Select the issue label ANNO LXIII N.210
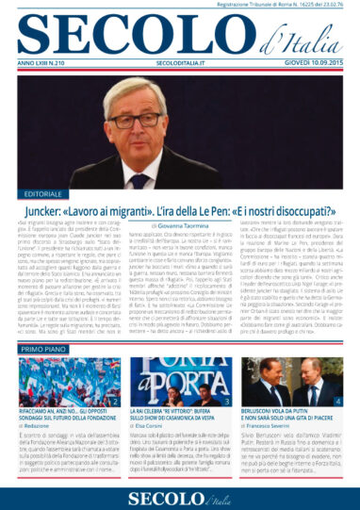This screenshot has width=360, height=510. [x=47, y=64]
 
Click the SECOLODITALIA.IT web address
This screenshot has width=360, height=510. [x=180, y=64]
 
